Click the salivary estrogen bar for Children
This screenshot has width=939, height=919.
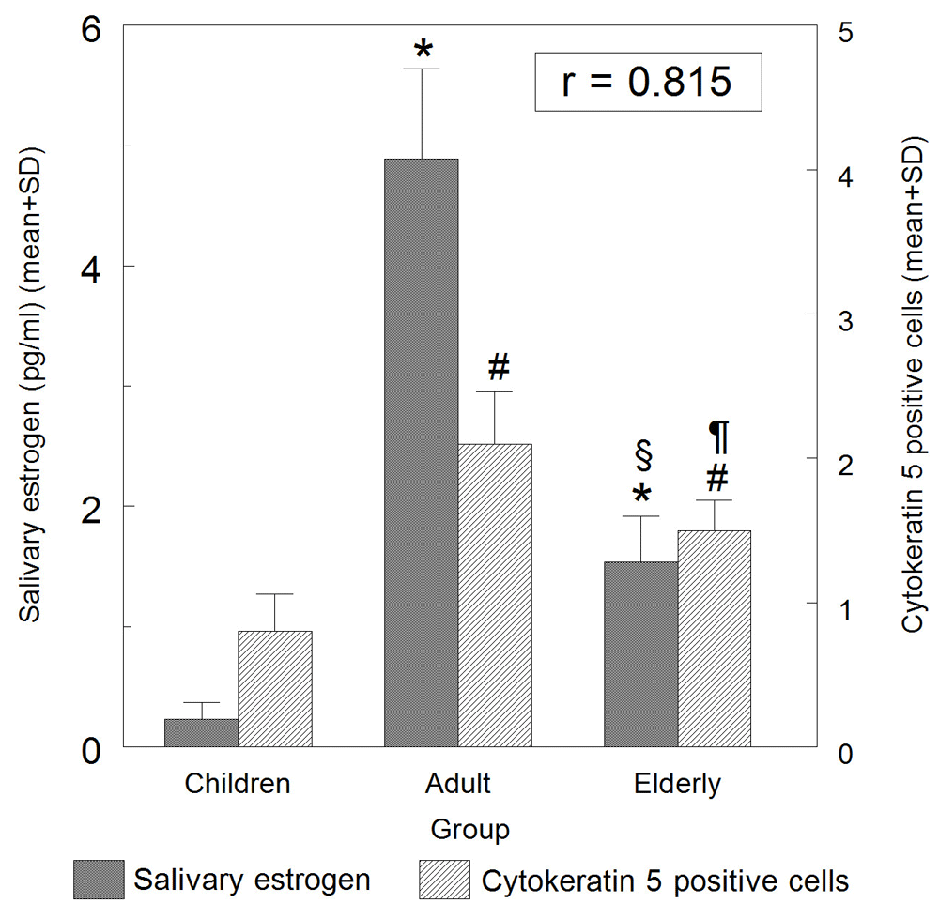[201, 732]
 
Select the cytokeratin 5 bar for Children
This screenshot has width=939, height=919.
[274, 688]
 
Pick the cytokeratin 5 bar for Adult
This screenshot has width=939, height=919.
[495, 595]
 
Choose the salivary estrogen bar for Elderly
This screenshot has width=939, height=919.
[641, 653]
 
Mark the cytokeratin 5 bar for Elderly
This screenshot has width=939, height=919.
[715, 638]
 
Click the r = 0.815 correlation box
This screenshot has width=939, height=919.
[646, 83]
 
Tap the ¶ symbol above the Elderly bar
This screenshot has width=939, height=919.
[718, 436]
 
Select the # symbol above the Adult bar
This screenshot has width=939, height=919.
[498, 367]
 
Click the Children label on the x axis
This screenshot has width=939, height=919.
[238, 783]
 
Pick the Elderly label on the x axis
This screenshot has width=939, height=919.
[678, 783]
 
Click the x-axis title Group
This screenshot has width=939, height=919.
[470, 830]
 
